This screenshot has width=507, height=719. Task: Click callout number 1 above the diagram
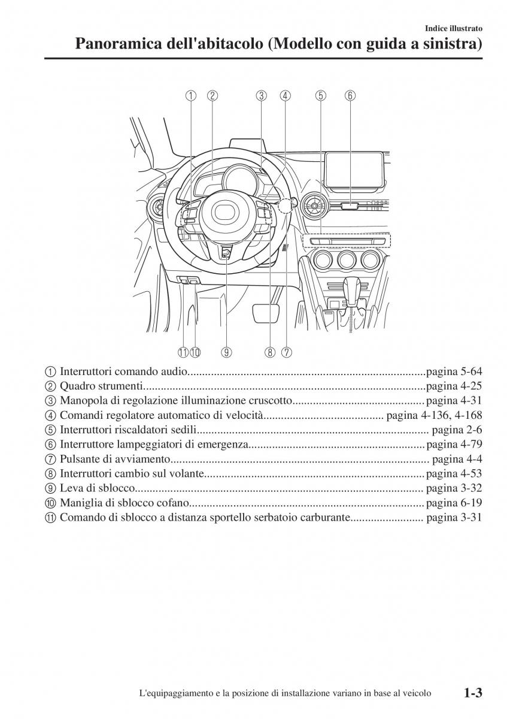tap(190, 95)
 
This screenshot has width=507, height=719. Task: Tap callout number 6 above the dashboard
tap(350, 95)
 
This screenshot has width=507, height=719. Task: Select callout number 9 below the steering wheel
tap(226, 352)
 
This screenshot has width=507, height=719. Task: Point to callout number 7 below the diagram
tap(287, 352)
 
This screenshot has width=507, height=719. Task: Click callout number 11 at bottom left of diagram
tap(183, 352)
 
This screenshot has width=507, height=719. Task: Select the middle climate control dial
tap(346, 261)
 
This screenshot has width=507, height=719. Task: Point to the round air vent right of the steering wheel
tap(314, 207)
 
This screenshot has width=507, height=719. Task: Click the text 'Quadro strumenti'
tap(101, 386)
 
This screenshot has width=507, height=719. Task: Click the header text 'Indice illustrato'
tap(453, 28)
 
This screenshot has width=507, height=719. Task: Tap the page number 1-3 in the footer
tap(472, 693)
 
